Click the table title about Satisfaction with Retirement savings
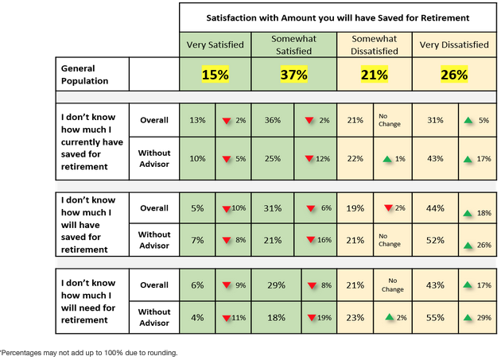point(337,17)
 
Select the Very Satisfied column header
point(215,45)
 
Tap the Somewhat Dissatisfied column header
point(375,45)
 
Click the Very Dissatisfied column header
point(453,45)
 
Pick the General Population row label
point(84,75)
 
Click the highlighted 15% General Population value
point(215,75)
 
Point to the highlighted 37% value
point(294,75)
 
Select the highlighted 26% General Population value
point(453,75)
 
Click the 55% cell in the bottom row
point(435,317)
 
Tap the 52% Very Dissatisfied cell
point(435,239)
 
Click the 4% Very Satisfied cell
point(197,317)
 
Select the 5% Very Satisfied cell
point(197,208)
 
